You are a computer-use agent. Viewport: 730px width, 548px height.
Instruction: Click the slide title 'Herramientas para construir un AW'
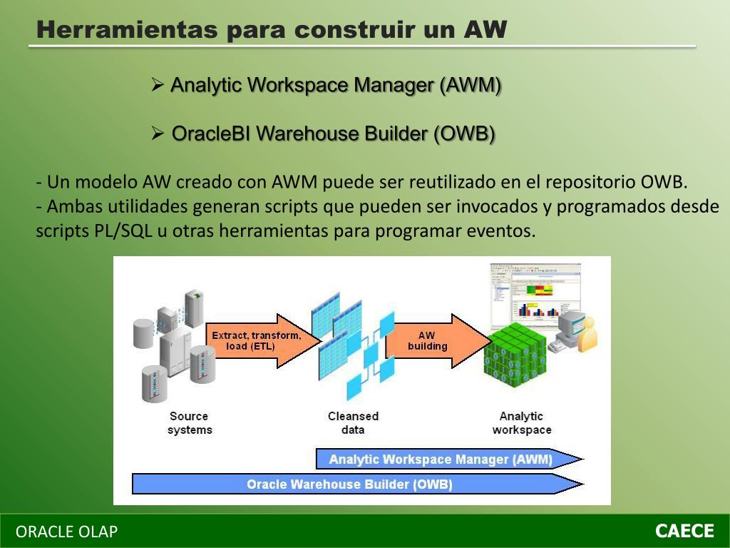click(271, 30)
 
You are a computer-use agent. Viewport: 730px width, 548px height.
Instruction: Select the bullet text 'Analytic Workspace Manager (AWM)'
click(336, 86)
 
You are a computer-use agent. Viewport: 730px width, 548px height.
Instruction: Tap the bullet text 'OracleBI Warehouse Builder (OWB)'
click(334, 133)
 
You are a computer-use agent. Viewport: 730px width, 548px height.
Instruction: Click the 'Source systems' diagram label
click(190, 423)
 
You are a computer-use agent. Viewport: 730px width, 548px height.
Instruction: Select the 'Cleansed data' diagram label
click(353, 423)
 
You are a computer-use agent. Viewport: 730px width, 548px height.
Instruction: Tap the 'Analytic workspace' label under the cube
click(521, 423)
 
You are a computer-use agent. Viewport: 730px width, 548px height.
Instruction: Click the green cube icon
click(515, 355)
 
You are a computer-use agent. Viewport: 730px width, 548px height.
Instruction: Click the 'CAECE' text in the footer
click(684, 531)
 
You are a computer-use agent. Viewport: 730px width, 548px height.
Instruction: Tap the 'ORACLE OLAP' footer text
click(67, 532)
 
